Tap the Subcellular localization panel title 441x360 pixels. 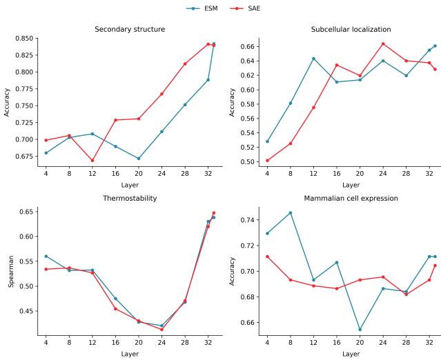351,30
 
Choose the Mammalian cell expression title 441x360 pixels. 351,197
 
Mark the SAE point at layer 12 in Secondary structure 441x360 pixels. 92,161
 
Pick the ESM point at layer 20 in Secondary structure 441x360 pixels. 139,159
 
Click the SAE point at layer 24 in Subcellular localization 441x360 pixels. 383,44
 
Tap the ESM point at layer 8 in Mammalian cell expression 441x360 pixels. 290,213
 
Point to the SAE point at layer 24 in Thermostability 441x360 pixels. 161,330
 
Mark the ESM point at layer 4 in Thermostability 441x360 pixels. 46,256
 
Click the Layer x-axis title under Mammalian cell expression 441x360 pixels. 351,354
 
